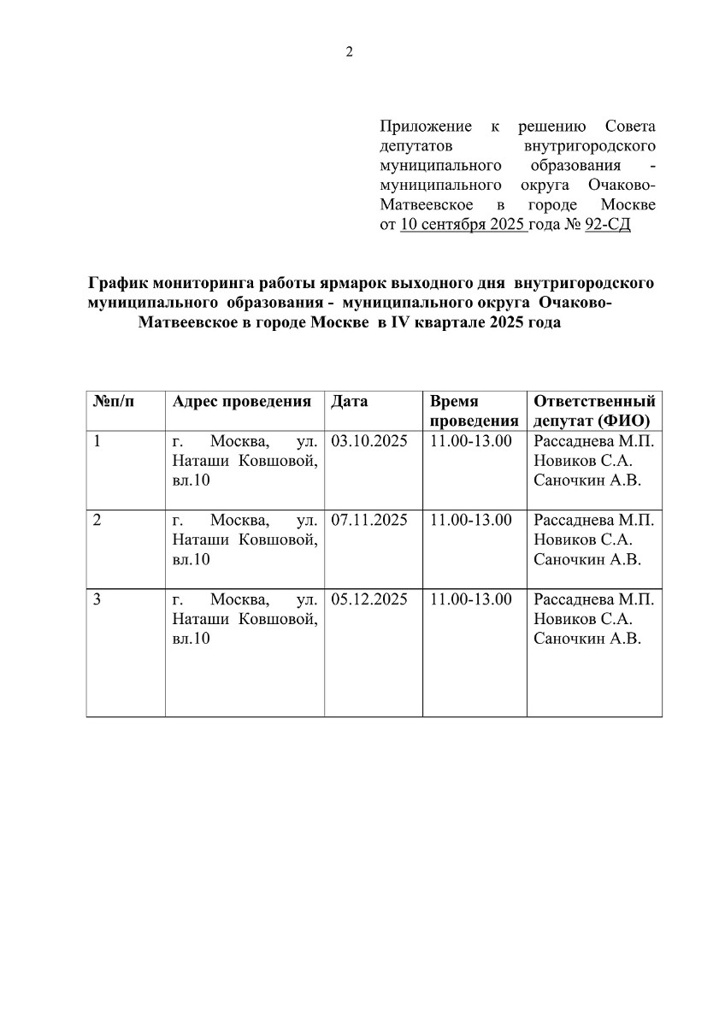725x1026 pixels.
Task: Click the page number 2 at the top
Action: [349, 51]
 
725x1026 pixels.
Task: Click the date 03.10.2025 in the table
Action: [369, 442]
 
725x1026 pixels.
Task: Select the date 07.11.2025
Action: [369, 520]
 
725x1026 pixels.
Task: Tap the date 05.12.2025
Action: [369, 599]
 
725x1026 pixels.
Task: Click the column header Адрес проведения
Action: [241, 401]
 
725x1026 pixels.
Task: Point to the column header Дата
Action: [349, 401]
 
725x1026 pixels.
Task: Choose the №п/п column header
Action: [114, 401]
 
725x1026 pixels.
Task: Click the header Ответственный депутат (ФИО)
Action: [594, 411]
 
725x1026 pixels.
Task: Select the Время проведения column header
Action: [474, 411]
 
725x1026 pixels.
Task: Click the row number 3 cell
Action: [97, 599]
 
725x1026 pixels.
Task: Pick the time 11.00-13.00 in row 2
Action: [471, 520]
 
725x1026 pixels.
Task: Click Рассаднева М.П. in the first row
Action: [594, 442]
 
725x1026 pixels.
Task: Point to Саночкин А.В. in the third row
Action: [586, 639]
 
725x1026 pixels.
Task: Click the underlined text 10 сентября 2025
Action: [463, 226]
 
